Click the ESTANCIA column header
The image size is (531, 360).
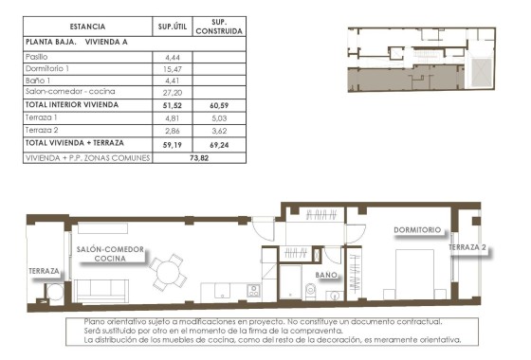(x=87, y=27)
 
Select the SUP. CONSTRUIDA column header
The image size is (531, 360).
(x=219, y=27)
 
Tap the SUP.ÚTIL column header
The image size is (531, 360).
(x=173, y=27)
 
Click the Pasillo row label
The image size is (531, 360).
(x=40, y=58)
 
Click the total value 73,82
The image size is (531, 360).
(x=196, y=157)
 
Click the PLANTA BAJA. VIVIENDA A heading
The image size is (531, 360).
(x=76, y=43)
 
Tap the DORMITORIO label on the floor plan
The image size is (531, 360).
(x=417, y=230)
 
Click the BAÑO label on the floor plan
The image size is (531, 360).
(x=326, y=276)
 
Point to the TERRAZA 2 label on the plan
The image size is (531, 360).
(x=468, y=247)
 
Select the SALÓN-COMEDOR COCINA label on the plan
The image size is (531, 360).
(x=111, y=253)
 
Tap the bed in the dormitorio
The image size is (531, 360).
(x=415, y=271)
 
